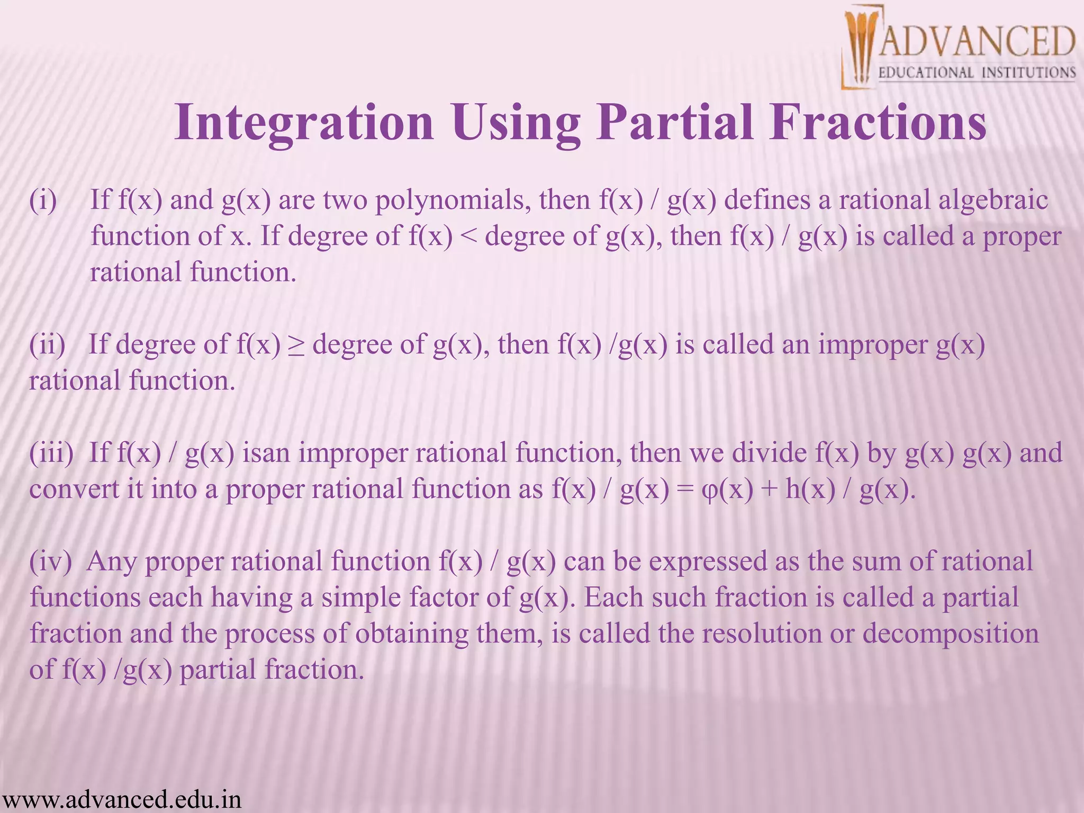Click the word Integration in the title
(x=304, y=123)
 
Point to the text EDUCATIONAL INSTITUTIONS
(x=977, y=73)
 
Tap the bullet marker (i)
(x=43, y=201)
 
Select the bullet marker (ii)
(x=47, y=345)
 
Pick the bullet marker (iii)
(x=51, y=453)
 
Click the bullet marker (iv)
(x=50, y=562)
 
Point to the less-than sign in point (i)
(x=469, y=237)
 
